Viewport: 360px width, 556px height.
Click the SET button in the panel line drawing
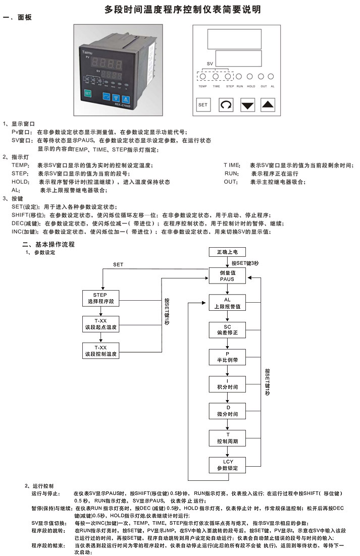click(203, 105)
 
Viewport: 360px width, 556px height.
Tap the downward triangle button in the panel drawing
click(247, 105)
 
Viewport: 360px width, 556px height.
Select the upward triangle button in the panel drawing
click(269, 105)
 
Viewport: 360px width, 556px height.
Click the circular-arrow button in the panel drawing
click(226, 105)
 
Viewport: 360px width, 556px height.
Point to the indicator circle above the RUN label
click(239, 77)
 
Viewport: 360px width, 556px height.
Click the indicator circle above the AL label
click(271, 77)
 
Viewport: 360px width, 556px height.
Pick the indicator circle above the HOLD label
click(250, 77)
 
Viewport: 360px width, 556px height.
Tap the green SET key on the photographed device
click(87, 93)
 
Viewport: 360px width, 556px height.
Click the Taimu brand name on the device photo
click(87, 52)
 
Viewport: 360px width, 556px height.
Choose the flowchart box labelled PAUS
click(227, 275)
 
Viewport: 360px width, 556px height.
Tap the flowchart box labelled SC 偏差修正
click(227, 330)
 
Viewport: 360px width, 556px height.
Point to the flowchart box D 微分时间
click(227, 410)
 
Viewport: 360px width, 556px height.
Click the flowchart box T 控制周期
click(227, 437)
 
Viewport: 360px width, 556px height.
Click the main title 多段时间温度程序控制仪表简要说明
click(183, 9)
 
